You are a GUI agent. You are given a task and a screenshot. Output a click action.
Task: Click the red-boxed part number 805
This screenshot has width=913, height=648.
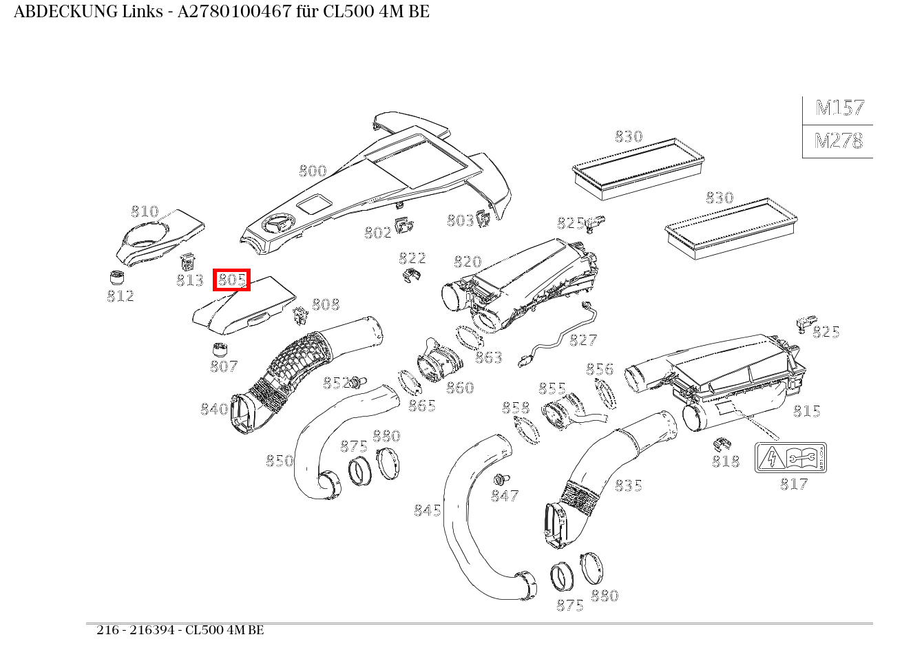pyautogui.click(x=231, y=280)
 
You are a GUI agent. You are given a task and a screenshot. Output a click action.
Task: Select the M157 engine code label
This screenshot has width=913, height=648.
pyautogui.click(x=839, y=108)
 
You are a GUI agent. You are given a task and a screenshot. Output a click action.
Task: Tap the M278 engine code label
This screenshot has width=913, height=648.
pyautogui.click(x=838, y=141)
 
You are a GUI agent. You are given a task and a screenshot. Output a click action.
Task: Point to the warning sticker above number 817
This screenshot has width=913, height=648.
pyautogui.click(x=790, y=458)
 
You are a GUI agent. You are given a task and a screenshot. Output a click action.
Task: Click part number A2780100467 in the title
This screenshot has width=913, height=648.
pyautogui.click(x=235, y=12)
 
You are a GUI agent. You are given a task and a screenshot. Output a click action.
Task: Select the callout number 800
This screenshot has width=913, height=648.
pyautogui.click(x=313, y=171)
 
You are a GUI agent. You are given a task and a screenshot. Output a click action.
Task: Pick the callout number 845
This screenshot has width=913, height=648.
pyautogui.click(x=428, y=510)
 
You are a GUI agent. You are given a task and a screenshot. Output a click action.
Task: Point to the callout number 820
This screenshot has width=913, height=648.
pyautogui.click(x=468, y=262)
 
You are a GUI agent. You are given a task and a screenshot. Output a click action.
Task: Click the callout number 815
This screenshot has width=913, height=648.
pyautogui.click(x=806, y=411)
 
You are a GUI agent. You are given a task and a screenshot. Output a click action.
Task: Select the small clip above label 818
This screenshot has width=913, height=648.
pyautogui.click(x=722, y=442)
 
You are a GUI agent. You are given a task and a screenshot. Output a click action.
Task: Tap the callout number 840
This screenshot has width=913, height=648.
pyautogui.click(x=214, y=409)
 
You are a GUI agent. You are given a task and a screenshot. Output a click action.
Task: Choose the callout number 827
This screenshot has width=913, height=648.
pyautogui.click(x=583, y=339)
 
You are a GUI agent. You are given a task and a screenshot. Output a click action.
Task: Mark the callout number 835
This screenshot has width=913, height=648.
pyautogui.click(x=628, y=485)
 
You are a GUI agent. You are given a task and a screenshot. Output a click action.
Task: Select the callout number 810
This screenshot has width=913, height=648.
pyautogui.click(x=145, y=211)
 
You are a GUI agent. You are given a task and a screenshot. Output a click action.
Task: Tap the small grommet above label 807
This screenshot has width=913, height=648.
pyautogui.click(x=220, y=348)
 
